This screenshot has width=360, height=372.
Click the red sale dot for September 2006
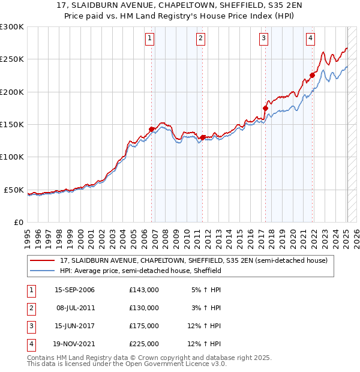pyautogui.click(x=151, y=129)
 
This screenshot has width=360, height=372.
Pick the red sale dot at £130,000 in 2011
pyautogui.click(x=202, y=137)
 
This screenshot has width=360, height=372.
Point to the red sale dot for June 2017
pyautogui.click(x=265, y=109)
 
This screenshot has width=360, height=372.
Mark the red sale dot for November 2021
pyautogui.click(x=312, y=76)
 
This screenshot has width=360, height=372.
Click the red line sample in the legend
pyautogui.click(x=43, y=260)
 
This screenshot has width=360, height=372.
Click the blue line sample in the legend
pyautogui.click(x=43, y=271)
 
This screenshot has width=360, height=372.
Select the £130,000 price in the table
pyautogui.click(x=143, y=308)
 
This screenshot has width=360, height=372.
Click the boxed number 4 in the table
pyautogui.click(x=30, y=344)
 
